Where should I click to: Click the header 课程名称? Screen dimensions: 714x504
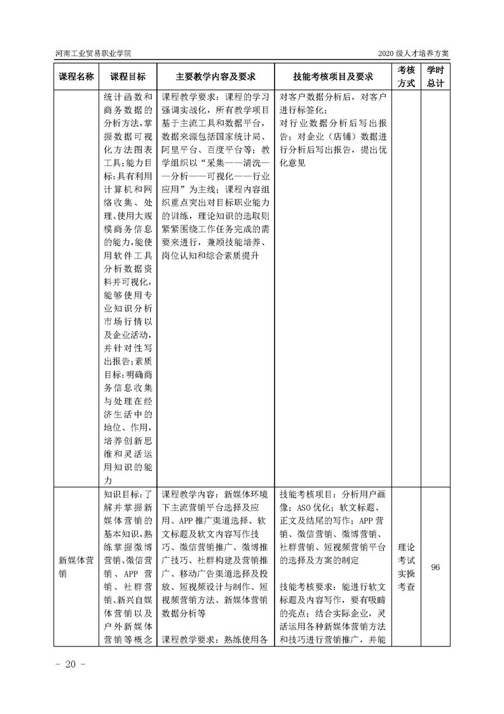pyautogui.click(x=76, y=76)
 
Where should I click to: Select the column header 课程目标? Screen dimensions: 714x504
pyautogui.click(x=127, y=76)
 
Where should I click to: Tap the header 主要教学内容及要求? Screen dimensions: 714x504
pyautogui.click(x=215, y=76)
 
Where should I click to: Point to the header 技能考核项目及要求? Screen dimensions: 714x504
pyautogui.click(x=332, y=76)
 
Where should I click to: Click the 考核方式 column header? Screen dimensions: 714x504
pyautogui.click(x=406, y=76)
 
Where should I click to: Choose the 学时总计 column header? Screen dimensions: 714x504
pyautogui.click(x=435, y=76)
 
